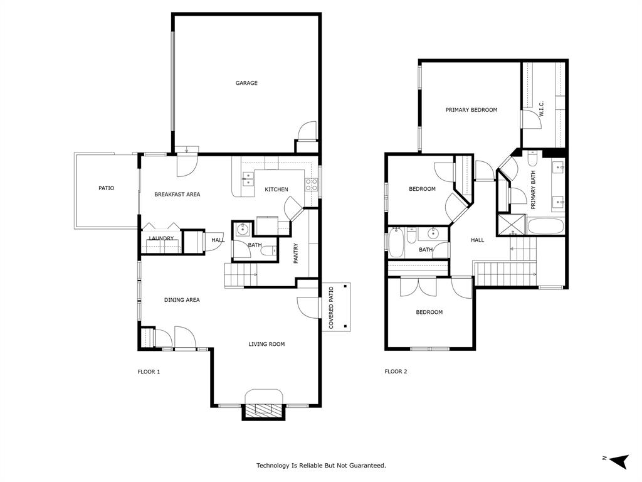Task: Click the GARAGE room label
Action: click(246, 83)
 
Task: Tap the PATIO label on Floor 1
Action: click(106, 188)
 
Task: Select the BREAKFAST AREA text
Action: click(177, 194)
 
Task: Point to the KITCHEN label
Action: click(276, 190)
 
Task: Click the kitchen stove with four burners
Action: click(310, 185)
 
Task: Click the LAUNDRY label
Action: click(161, 238)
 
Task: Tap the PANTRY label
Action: click(296, 253)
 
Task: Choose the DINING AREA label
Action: click(182, 300)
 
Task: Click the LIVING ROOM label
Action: click(266, 344)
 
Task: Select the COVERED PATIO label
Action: click(331, 308)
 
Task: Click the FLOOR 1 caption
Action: click(149, 372)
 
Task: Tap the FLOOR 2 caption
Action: click(396, 372)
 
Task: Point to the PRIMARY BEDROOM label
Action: click(471, 110)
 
